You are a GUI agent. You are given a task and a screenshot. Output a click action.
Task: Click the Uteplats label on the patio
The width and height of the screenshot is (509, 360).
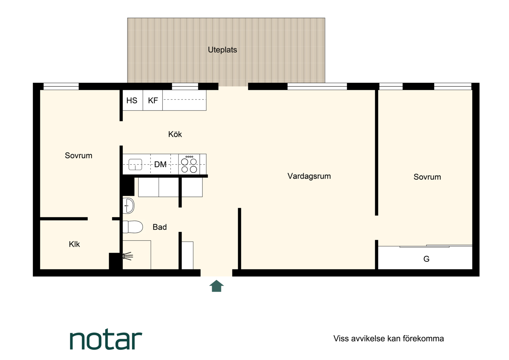222,50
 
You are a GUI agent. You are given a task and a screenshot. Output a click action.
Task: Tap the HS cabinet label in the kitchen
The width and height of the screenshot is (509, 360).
132,100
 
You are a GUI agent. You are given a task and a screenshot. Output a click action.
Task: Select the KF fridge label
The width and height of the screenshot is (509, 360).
153,100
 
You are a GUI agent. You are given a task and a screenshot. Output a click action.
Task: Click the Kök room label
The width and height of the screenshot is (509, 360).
175,134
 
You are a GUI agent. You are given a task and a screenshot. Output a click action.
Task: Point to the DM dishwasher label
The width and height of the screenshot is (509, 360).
161,164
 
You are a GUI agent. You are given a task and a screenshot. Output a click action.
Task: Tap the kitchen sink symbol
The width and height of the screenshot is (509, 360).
135,164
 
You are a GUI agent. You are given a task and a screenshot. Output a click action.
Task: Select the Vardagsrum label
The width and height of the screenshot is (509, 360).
309,176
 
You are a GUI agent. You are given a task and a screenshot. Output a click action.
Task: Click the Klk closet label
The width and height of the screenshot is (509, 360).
74,244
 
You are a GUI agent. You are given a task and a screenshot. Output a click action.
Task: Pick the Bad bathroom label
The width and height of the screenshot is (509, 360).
160,227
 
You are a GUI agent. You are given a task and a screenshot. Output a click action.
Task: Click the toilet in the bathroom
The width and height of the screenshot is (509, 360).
133,227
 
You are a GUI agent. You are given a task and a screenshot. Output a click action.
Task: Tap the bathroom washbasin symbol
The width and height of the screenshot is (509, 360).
128,206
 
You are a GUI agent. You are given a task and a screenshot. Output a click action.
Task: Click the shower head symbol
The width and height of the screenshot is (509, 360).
128,256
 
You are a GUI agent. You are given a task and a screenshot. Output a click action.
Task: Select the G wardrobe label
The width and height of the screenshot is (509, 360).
426,259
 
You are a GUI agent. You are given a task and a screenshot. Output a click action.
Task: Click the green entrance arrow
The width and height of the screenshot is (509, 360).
217,286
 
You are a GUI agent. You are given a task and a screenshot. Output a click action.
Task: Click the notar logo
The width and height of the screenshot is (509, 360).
106,340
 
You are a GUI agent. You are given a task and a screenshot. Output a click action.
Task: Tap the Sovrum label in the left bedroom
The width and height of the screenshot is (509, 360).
78,156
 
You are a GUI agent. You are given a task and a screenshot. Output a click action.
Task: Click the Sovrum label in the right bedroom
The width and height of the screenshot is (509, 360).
427,177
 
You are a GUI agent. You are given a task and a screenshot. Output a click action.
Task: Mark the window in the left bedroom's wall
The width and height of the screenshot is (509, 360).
61,86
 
